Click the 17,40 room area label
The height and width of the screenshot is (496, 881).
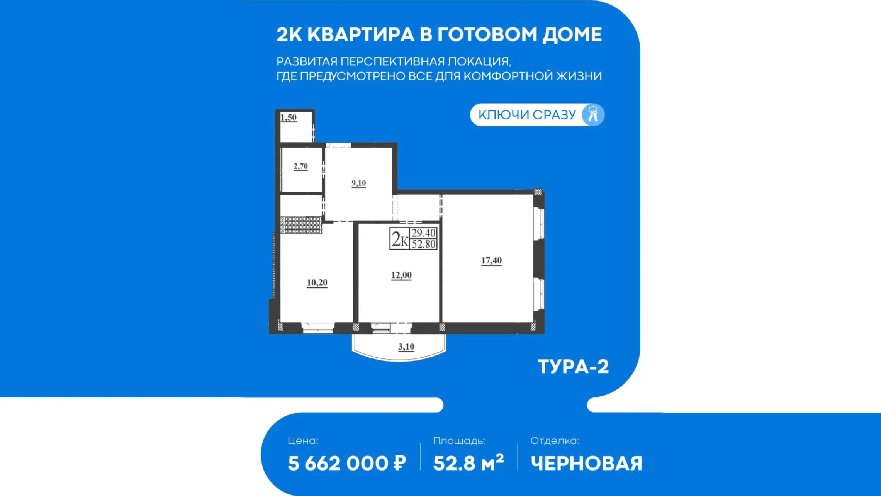coord(491,261)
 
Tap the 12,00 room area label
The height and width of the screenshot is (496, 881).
coord(401,275)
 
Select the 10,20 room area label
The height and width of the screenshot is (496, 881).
coord(317,283)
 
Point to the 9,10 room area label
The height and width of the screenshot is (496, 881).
coord(359,183)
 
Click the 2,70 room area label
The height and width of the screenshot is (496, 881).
coord(300,166)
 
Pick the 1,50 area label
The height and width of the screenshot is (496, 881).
coord(289,117)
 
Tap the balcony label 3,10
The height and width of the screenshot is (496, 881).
coord(406,347)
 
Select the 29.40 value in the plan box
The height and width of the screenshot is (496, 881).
coord(424,233)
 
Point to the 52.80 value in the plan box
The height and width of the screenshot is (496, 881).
coord(424,244)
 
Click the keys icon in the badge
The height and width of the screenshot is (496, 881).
coord(593,115)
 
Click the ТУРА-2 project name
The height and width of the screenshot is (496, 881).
coord(573,366)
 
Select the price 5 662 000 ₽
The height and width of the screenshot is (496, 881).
coord(347,463)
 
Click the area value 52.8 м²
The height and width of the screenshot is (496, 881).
coord(469,462)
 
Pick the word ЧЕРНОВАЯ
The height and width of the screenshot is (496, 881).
coord(586,463)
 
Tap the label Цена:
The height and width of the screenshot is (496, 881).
coord(303,441)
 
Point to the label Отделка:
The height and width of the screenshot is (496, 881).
coord(555,441)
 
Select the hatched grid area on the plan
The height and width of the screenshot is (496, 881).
coord(301,225)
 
